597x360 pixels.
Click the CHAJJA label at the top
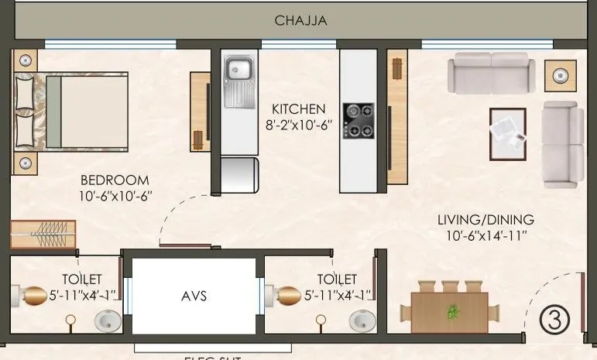[x=300, y=21]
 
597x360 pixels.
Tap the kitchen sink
[x=238, y=72]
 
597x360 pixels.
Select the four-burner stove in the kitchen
[x=358, y=121]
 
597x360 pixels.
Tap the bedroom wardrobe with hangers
[x=43, y=234]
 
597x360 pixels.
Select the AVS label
[x=193, y=296]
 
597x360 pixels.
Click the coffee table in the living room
[x=507, y=133]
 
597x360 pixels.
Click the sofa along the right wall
[x=563, y=144]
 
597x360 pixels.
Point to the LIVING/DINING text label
[x=484, y=220]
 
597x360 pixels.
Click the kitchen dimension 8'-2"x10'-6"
[x=298, y=124]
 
